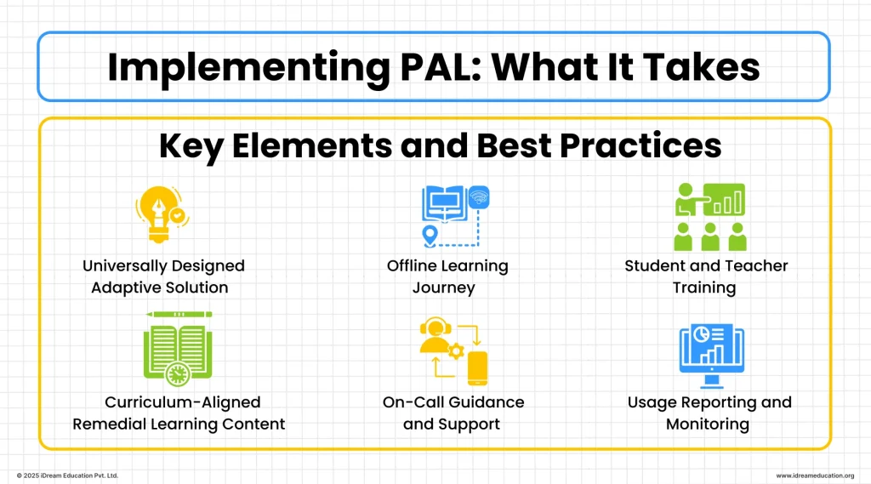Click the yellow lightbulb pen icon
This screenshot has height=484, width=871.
click(162, 216)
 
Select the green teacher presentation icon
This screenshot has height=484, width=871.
click(709, 217)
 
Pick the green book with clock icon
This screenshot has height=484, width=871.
click(178, 349)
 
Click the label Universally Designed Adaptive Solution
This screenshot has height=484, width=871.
click(163, 276)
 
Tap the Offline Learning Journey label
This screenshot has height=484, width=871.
click(447, 276)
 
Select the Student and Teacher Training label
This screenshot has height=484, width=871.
click(706, 276)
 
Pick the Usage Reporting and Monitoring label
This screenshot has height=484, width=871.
click(709, 413)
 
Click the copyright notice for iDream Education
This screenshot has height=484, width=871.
click(67, 475)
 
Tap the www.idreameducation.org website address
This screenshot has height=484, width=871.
click(815, 475)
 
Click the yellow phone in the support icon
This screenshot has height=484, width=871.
click(477, 367)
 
